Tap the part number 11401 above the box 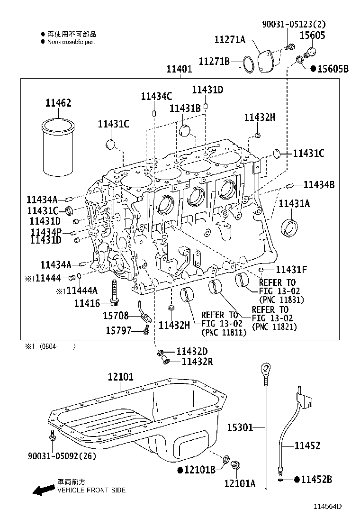(179, 69)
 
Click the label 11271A (229, 40)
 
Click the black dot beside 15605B (313, 69)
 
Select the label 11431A (294, 203)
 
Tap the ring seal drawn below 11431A (289, 227)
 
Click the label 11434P (46, 232)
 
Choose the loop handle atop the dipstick (265, 367)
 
